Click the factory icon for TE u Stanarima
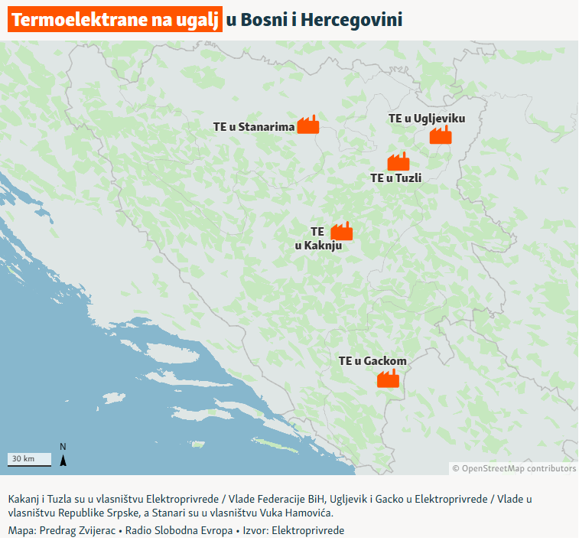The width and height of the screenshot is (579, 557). (x=307, y=125)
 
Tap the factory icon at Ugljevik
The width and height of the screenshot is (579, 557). (x=441, y=135)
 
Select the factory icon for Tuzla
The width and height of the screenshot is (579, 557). (x=398, y=161)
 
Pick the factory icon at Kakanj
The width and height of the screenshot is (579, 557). (x=341, y=230)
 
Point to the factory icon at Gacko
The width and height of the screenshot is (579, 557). (x=389, y=378)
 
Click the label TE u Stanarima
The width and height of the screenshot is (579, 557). (x=254, y=127)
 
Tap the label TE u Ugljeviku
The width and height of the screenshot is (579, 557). (x=426, y=118)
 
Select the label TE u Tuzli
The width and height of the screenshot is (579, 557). (x=396, y=178)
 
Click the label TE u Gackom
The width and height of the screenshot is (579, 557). (x=372, y=360)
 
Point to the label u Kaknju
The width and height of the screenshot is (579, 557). (x=317, y=246)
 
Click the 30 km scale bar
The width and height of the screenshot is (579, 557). (x=30, y=460)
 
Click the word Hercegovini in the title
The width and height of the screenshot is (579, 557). (x=352, y=20)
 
